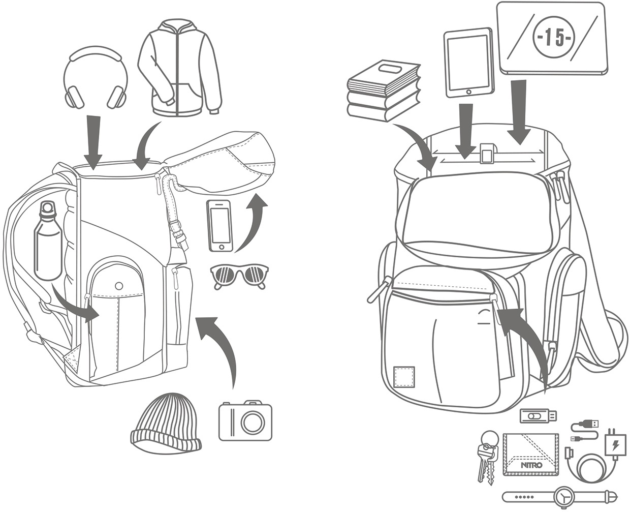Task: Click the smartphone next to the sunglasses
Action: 219,225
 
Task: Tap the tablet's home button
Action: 468,92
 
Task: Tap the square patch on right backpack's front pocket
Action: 404,376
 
